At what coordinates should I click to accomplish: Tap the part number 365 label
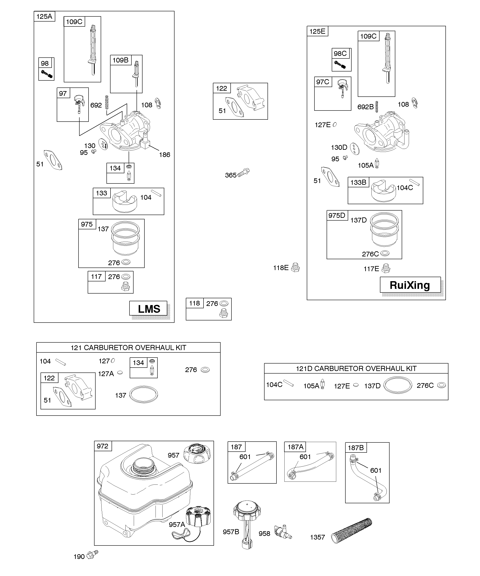coord(231,175)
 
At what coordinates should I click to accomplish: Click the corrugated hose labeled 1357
coord(352,531)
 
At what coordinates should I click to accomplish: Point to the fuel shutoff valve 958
coord(283,532)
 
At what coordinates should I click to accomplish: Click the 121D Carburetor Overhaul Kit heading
coord(356,368)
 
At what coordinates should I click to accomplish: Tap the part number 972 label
coord(103,446)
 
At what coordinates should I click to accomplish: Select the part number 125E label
coord(317,31)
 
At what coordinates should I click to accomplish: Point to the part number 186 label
coord(164,155)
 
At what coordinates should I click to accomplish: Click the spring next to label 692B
coord(377,106)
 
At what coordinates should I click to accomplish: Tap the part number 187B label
coord(356,448)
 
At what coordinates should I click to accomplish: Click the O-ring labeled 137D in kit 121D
coord(397,385)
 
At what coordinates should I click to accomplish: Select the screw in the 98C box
coord(340,65)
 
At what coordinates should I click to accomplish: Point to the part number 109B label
coord(120,60)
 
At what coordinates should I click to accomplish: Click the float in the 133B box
coord(384,191)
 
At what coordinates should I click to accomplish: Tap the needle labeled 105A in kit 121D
coord(323,384)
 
